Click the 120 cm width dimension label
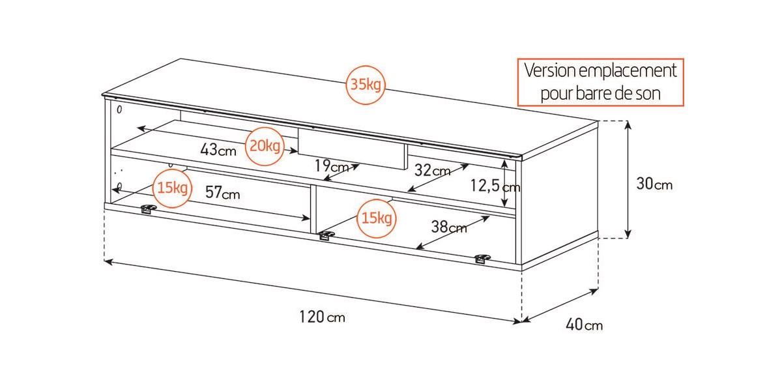pyautogui.click(x=322, y=317)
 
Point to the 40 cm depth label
pyautogui.click(x=584, y=325)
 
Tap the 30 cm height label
pyautogui.click(x=654, y=184)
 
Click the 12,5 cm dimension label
pyautogui.click(x=495, y=186)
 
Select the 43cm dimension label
pyautogui.click(x=218, y=149)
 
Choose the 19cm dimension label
pyautogui.click(x=332, y=166)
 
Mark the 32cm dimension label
pyautogui.click(x=433, y=170)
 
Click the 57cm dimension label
pyautogui.click(x=223, y=192)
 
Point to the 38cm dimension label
pyautogui.click(x=449, y=227)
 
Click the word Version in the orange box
pyautogui.click(x=550, y=70)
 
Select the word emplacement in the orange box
pyautogui.click(x=628, y=71)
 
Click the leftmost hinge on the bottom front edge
pyautogui.click(x=149, y=209)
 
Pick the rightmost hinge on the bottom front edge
pyautogui.click(x=482, y=259)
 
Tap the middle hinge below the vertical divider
pyautogui.click(x=326, y=236)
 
